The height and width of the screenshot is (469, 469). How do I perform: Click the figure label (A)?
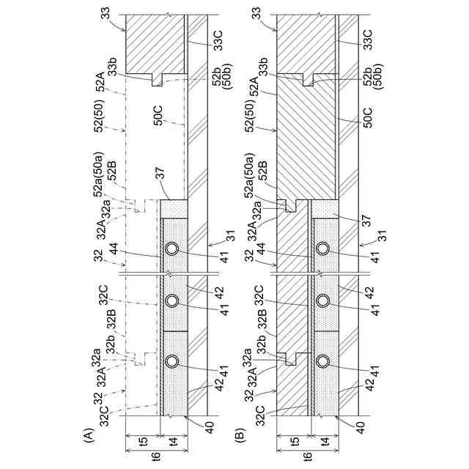click(x=89, y=435)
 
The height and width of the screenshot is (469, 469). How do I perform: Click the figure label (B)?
click(x=240, y=435)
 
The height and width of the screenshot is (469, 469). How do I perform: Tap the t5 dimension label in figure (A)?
click(x=144, y=440)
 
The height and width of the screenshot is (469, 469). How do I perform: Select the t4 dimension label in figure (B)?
click(x=324, y=440)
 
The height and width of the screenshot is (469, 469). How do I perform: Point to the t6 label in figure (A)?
click(x=156, y=456)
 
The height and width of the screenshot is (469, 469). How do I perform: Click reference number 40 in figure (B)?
click(x=360, y=425)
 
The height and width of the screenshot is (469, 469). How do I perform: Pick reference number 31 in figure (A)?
click(x=231, y=235)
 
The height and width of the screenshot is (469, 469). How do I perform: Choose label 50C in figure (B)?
click(x=369, y=117)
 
